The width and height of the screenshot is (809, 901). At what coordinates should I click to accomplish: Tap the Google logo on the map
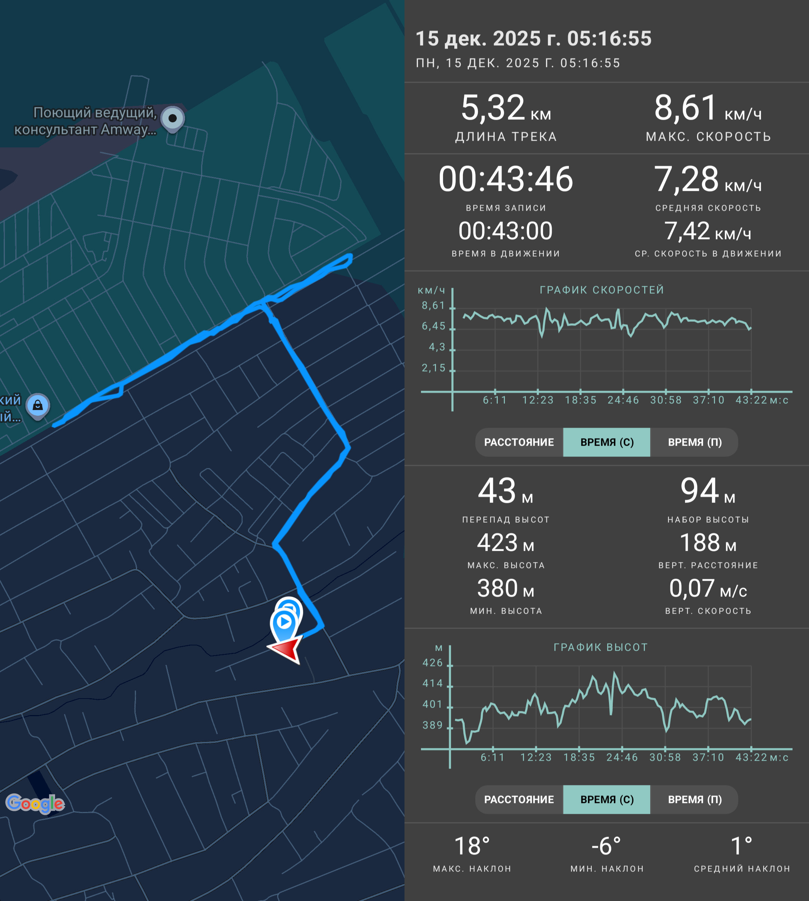[35, 804]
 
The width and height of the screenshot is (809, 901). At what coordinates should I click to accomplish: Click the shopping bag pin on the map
[38, 406]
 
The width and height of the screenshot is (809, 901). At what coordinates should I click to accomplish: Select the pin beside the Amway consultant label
[172, 119]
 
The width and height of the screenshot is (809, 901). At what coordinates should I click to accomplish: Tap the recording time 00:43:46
[506, 179]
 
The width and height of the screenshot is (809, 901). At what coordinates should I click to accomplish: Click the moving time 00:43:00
[506, 231]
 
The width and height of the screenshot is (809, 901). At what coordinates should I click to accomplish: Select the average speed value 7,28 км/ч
[708, 179]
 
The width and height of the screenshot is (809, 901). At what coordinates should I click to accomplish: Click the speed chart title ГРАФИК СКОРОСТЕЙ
[602, 290]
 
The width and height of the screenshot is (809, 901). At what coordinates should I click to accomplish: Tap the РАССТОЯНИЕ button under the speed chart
[519, 442]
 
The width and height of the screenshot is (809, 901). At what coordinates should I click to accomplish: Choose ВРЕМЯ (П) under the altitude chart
[695, 799]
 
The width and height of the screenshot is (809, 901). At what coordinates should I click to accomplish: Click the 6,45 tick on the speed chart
[433, 326]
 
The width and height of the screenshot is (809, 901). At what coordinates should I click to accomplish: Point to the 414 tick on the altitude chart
[433, 683]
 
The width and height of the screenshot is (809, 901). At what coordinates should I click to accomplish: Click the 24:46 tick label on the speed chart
[623, 400]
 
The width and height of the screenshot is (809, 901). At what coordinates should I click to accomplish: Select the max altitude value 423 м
[506, 543]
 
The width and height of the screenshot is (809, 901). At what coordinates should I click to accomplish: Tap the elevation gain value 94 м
[708, 491]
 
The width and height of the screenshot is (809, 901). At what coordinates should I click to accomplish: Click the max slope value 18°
[472, 846]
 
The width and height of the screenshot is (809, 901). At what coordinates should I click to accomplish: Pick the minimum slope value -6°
[607, 846]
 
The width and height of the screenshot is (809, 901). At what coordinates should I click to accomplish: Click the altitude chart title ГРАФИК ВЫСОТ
[600, 647]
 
